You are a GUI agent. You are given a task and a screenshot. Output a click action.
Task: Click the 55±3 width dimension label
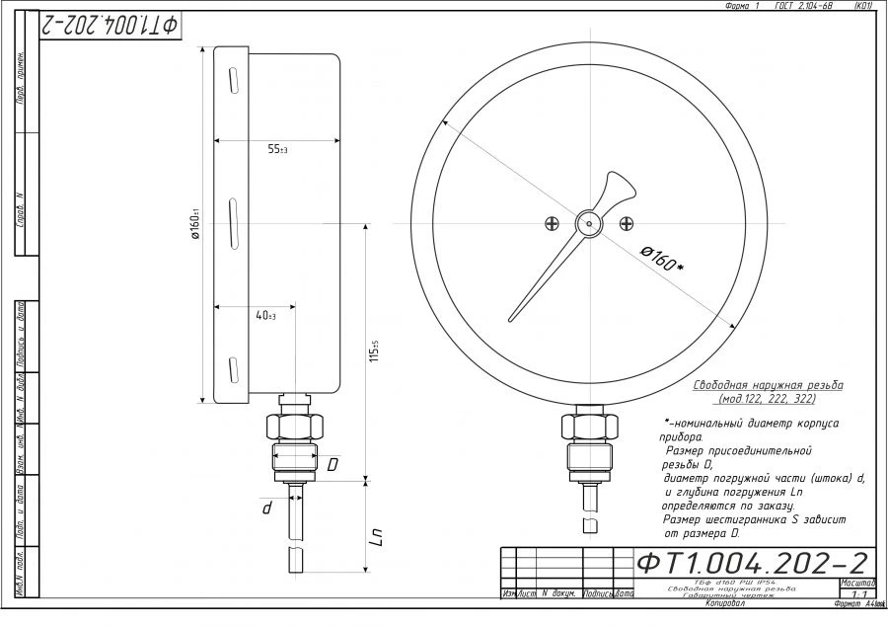[x=276, y=150]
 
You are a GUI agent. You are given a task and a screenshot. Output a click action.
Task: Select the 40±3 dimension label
[x=264, y=316]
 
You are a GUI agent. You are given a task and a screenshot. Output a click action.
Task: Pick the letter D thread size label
[x=333, y=463]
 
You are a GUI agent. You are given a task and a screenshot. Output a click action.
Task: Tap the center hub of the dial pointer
[x=589, y=224]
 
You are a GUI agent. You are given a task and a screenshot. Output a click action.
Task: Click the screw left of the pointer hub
[x=551, y=224]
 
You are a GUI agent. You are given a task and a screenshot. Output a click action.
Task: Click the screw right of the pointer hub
[x=627, y=224]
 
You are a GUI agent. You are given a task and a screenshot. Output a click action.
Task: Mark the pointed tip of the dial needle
[x=512, y=319]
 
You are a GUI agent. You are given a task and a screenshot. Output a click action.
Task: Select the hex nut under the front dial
[x=589, y=427]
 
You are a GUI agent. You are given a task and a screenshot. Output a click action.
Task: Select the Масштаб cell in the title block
[x=856, y=583]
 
